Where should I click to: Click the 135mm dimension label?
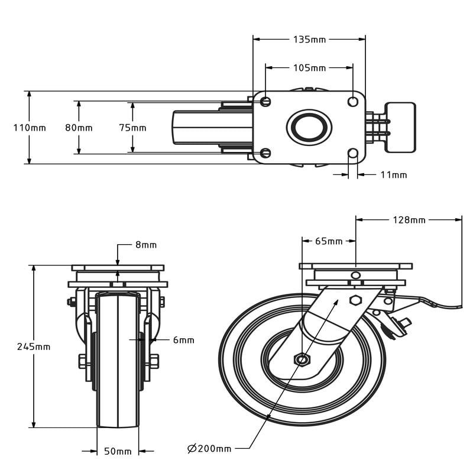pyautogui.click(x=309, y=40)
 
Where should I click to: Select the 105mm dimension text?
pyautogui.click(x=309, y=67)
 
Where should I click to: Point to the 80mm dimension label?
pyautogui.click(x=79, y=128)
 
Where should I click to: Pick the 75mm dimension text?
pyautogui.click(x=132, y=128)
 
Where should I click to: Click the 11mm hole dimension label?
pyautogui.click(x=393, y=174)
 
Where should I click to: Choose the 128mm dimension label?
pyautogui.click(x=409, y=220)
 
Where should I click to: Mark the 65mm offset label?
pyautogui.click(x=329, y=241)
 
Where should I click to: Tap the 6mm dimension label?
pyautogui.click(x=183, y=340)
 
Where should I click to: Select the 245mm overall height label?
pyautogui.click(x=34, y=346)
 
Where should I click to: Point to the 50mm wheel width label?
pyautogui.click(x=118, y=452)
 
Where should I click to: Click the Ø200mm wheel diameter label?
pyautogui.click(x=209, y=449)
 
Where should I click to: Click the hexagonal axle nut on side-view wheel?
pyautogui.click(x=302, y=359)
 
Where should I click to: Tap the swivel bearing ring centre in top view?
pyautogui.click(x=309, y=127)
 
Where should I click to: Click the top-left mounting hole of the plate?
pyautogui.click(x=265, y=102)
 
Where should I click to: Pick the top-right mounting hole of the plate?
pyautogui.click(x=353, y=102)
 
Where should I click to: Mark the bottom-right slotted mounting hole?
pyautogui.click(x=353, y=154)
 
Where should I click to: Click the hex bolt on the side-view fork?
pyautogui.click(x=355, y=300)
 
